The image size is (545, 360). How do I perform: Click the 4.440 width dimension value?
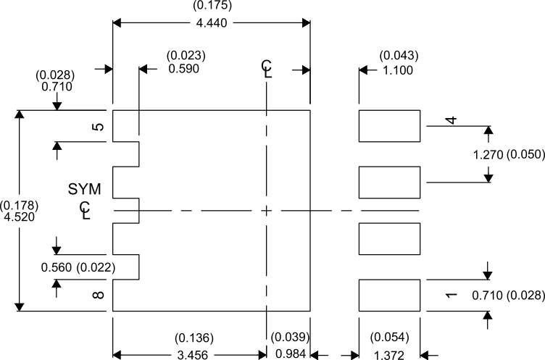coord(211,23)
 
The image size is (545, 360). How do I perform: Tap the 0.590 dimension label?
coord(183,69)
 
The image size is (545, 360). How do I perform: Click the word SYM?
coord(85,189)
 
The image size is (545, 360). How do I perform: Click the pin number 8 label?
coord(99,295)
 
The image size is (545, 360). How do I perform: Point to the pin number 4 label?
coord(450,120)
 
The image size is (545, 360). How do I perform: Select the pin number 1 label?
coord(450,295)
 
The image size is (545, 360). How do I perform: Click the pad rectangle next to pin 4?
coord(390,126)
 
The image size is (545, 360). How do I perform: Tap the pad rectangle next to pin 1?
coord(390,296)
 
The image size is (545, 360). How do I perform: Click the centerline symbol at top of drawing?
coord(267,69)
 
